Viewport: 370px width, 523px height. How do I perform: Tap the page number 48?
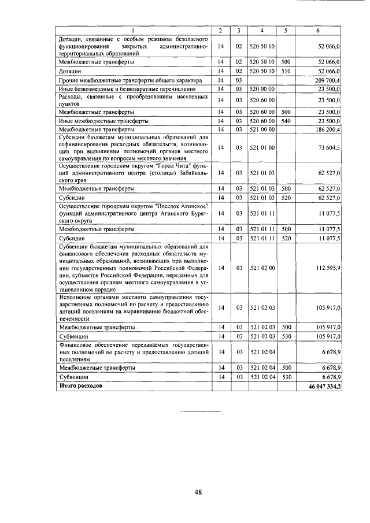pos(198,492)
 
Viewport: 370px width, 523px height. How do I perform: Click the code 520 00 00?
pos(262,89)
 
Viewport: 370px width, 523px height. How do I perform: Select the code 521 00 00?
pos(262,130)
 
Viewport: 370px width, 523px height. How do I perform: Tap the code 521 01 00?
pos(262,149)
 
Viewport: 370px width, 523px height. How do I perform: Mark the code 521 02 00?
pos(262,268)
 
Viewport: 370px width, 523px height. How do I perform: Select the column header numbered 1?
pos(134,30)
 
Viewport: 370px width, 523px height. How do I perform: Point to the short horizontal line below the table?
pos(201,411)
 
